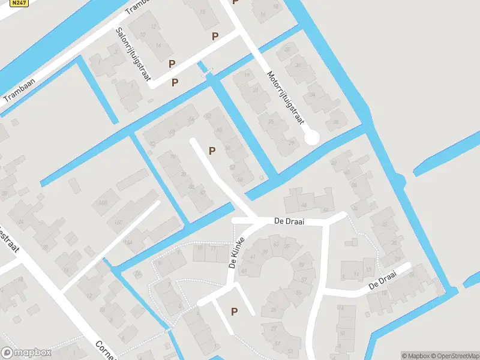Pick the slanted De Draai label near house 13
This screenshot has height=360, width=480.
pos(383,280)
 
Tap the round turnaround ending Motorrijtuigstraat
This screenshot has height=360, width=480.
pos(311,137)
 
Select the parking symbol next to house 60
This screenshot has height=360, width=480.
pos(212,151)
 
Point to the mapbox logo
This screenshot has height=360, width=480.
pos(26,352)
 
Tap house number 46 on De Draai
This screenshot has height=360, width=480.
pos(304,206)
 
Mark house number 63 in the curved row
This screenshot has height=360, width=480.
pos(276,245)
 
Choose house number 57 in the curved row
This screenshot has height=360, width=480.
pos(304,279)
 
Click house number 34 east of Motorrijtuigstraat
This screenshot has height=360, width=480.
pos(312,94)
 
